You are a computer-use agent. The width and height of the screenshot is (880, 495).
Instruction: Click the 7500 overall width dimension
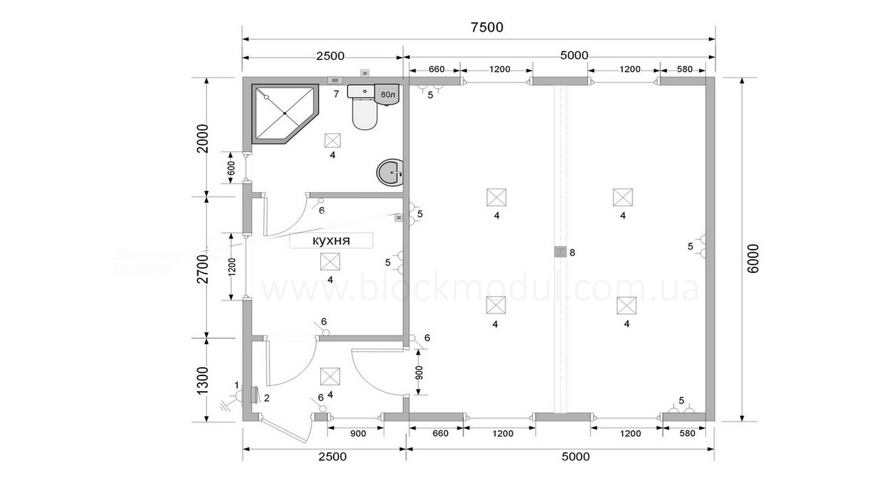pyautogui.click(x=487, y=27)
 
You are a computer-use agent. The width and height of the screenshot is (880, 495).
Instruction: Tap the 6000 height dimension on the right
pyautogui.click(x=753, y=258)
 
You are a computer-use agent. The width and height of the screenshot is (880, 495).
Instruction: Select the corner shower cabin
pyautogui.click(x=285, y=114)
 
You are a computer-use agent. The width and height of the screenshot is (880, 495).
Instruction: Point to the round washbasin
pyautogui.click(x=390, y=173)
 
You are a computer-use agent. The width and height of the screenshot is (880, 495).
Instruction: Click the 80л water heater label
pyautogui.click(x=388, y=95)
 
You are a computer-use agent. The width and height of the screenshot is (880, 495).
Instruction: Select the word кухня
pyautogui.click(x=331, y=241)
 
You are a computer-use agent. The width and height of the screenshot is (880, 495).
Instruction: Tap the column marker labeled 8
pyautogui.click(x=560, y=252)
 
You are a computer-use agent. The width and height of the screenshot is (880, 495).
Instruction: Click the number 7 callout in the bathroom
pyautogui.click(x=336, y=94)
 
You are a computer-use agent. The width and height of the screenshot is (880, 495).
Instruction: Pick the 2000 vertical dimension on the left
pyautogui.click(x=203, y=138)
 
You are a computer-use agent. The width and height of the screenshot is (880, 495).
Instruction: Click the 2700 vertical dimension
pyautogui.click(x=203, y=269)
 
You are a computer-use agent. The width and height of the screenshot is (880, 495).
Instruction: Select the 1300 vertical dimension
pyautogui.click(x=202, y=381)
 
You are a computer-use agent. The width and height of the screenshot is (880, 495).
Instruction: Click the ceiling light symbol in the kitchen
pyautogui.click(x=330, y=262)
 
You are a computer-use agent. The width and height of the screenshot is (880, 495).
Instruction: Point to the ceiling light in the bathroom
pyautogui.click(x=332, y=140)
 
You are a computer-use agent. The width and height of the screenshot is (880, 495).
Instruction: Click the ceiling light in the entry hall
pyautogui.click(x=330, y=377)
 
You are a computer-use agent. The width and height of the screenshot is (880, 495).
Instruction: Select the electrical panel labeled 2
pyautogui.click(x=255, y=395)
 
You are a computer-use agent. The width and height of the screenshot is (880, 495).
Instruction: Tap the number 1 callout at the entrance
pyautogui.click(x=236, y=384)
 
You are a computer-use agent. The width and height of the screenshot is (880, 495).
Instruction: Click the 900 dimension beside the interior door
pyautogui.click(x=419, y=373)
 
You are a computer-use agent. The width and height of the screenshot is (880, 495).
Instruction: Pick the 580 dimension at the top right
pyautogui.click(x=685, y=69)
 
